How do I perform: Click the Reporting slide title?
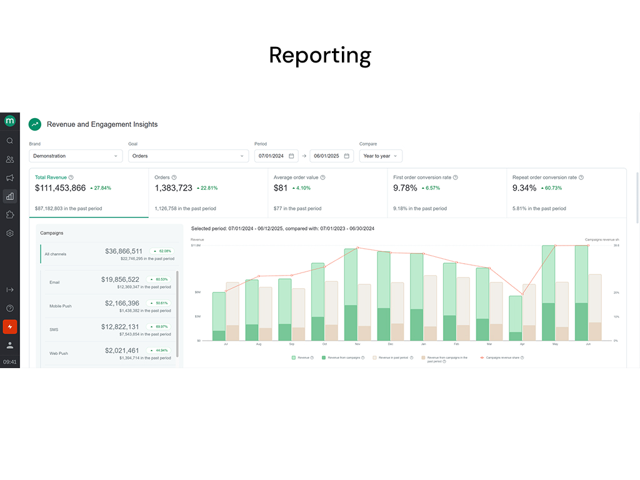click(320, 55)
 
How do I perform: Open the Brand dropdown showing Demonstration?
click(75, 156)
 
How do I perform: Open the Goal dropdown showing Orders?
click(188, 156)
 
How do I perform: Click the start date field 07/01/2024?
click(275, 156)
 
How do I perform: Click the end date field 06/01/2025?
click(331, 156)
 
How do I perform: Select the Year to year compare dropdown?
click(380, 156)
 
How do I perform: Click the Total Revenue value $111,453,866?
click(60, 188)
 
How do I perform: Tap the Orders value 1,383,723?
click(173, 188)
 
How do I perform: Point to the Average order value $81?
click(281, 188)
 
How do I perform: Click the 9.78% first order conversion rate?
click(404, 188)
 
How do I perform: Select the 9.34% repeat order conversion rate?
click(524, 188)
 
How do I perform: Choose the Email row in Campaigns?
click(55, 282)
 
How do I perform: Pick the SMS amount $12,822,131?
click(122, 327)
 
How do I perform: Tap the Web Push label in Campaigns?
click(59, 353)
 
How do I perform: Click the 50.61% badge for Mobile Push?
click(159, 303)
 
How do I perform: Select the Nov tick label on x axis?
click(357, 344)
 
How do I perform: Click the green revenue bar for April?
click(516, 318)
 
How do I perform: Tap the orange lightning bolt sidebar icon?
click(9, 326)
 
